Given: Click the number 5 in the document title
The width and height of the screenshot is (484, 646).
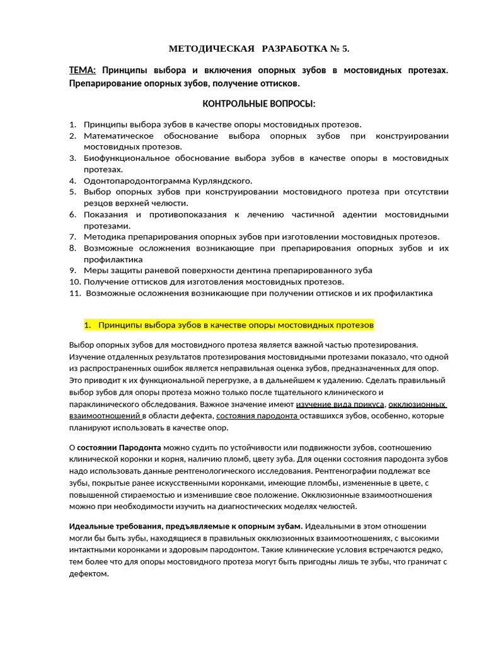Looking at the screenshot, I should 345,49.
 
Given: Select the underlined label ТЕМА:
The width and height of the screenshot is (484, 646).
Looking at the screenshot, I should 83,70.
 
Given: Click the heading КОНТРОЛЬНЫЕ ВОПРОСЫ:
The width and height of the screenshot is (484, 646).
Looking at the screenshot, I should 258,103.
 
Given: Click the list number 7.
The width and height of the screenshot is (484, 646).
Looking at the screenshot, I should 72,237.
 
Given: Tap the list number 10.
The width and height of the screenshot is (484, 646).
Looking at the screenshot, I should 74,281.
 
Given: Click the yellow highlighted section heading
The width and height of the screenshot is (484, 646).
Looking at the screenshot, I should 229,325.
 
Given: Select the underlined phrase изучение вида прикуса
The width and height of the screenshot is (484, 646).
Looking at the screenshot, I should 340,404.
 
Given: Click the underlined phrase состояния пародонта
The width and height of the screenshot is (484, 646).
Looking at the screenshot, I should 257,416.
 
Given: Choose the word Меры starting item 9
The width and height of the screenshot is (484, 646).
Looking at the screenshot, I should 96,270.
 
